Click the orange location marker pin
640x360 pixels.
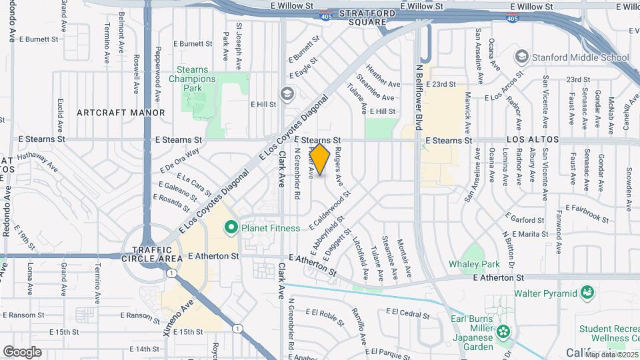click(x=320, y=159)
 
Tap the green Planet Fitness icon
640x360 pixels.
click(x=231, y=228)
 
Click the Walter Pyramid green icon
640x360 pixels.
click(x=587, y=293)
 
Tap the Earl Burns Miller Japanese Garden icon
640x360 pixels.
click(x=503, y=331)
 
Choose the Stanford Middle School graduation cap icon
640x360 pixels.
click(x=521, y=57)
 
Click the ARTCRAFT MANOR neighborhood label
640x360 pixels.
click(x=121, y=113)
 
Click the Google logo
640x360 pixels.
click(x=22, y=351)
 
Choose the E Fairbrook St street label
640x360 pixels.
click(x=586, y=213)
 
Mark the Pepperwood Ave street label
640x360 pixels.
click(x=157, y=69)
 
